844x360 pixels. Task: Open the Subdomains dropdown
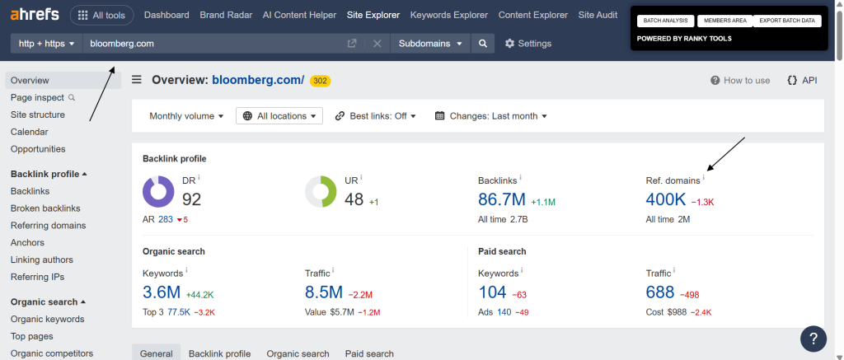[429, 44]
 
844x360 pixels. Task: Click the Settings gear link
[528, 44]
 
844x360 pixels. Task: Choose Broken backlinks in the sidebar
[45, 208]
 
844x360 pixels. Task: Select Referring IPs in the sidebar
[37, 277]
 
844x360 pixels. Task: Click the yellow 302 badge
[321, 81]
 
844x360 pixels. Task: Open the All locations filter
[279, 116]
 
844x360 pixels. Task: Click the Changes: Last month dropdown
[491, 116]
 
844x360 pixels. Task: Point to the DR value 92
[192, 199]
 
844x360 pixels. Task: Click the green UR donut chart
[321, 191]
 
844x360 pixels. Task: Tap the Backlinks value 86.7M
[501, 199]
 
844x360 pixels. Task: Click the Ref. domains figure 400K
[666, 199]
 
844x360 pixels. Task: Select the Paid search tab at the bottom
[369, 353]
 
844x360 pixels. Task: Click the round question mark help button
[814, 338]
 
